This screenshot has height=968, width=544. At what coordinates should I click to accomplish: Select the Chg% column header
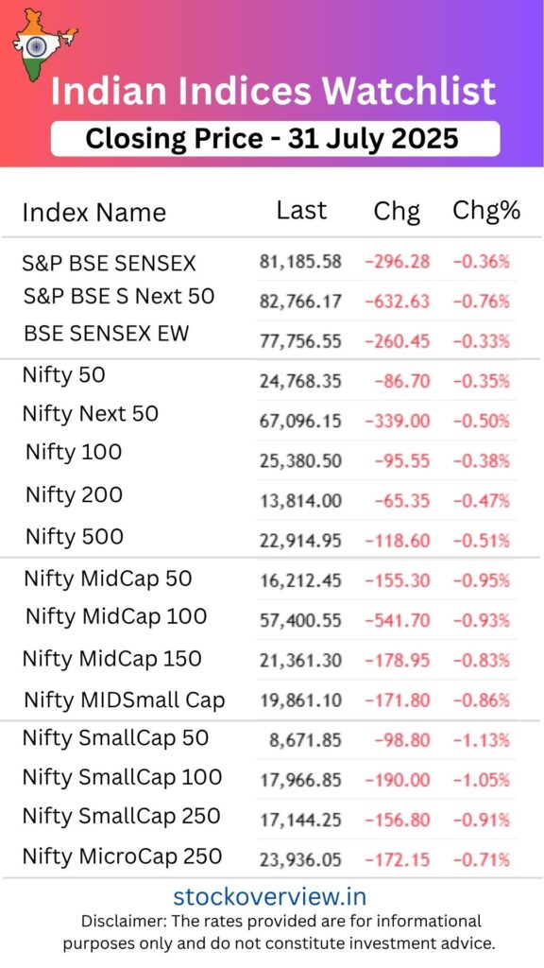(x=486, y=210)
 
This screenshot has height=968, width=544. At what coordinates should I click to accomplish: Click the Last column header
(x=301, y=210)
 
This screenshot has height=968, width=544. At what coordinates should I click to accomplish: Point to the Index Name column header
(x=93, y=212)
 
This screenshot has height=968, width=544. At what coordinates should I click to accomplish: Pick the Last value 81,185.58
(x=300, y=261)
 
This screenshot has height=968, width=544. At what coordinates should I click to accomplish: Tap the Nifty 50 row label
(x=63, y=375)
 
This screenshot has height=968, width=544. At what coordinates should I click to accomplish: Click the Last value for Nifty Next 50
(x=300, y=421)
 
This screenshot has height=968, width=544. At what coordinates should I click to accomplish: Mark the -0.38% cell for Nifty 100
(x=484, y=461)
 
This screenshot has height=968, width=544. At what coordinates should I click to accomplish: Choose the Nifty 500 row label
(x=75, y=537)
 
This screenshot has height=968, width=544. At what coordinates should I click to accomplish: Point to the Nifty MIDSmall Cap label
(x=124, y=700)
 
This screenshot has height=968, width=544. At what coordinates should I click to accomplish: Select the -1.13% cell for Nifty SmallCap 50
(x=484, y=740)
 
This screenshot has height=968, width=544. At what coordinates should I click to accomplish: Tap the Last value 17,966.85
(x=300, y=781)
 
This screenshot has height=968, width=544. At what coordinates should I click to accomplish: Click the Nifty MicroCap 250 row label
(x=123, y=856)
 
